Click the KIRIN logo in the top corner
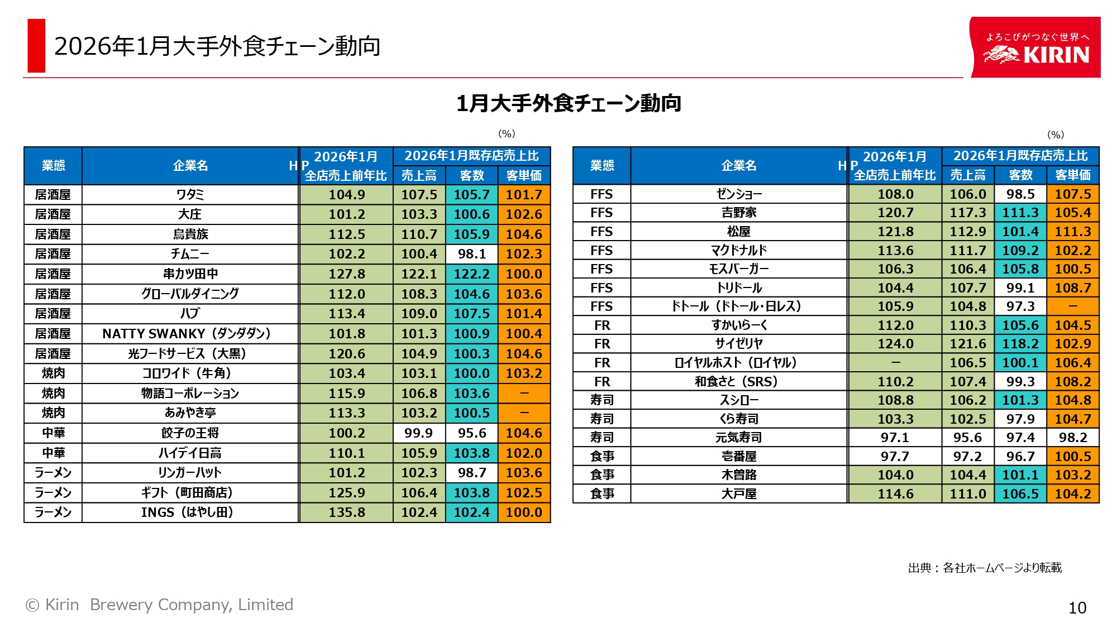point(1035,47)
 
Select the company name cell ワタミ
point(190,194)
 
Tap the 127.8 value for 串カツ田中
point(346,274)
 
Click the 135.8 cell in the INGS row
point(346,512)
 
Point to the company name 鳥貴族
point(190,234)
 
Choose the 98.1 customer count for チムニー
point(471,254)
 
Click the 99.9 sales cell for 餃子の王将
point(419,433)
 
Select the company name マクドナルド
point(738,251)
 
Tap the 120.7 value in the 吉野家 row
point(895,213)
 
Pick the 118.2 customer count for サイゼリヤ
point(1020,344)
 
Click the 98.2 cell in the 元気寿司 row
point(1073,438)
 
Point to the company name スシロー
point(738,400)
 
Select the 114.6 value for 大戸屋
point(895,494)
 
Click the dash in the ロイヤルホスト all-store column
point(895,363)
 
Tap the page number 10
point(1077,608)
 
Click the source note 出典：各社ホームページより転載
point(985,568)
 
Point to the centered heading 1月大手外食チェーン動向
point(569,103)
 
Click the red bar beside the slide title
point(36,46)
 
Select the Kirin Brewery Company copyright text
point(160,605)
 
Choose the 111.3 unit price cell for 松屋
point(1073,232)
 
